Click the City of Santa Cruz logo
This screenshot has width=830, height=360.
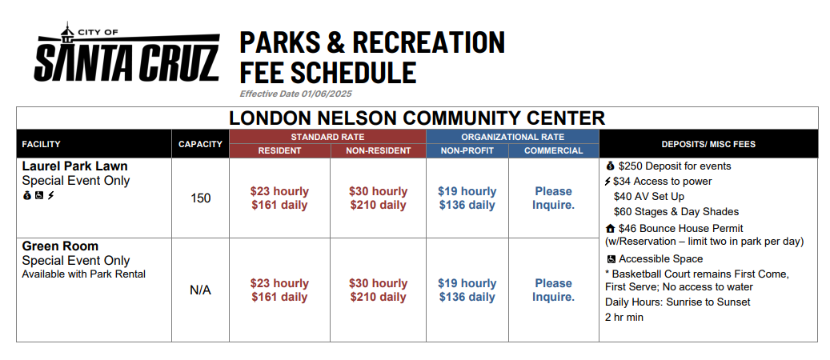(x=126, y=52)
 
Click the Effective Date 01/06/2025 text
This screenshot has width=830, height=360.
(x=296, y=94)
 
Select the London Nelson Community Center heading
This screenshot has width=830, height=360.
(x=417, y=118)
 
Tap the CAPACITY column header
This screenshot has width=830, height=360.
(x=200, y=144)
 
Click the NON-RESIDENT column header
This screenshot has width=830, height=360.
(x=379, y=151)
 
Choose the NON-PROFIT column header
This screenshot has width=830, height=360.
(x=467, y=151)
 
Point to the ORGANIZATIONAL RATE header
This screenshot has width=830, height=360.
(x=512, y=137)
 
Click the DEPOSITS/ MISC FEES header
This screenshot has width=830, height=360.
(x=708, y=144)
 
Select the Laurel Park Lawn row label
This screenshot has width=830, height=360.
(x=75, y=166)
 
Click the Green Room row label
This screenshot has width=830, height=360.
(x=60, y=246)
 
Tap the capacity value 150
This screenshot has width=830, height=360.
(x=201, y=198)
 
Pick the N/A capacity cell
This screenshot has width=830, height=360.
(x=201, y=290)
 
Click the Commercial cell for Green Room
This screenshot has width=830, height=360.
(x=554, y=290)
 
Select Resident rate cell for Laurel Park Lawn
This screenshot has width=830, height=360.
(x=279, y=198)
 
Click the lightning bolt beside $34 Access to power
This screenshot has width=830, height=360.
(x=607, y=182)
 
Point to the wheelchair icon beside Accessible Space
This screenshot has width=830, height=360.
(x=611, y=259)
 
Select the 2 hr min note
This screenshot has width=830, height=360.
(x=624, y=318)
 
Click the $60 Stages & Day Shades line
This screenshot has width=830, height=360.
(x=676, y=212)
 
